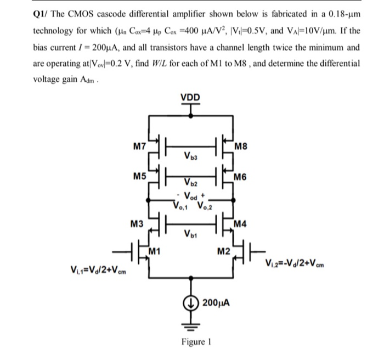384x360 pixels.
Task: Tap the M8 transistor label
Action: click(241, 147)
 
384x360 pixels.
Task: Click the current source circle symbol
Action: click(191, 302)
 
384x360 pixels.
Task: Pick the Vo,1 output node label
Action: click(180, 206)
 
